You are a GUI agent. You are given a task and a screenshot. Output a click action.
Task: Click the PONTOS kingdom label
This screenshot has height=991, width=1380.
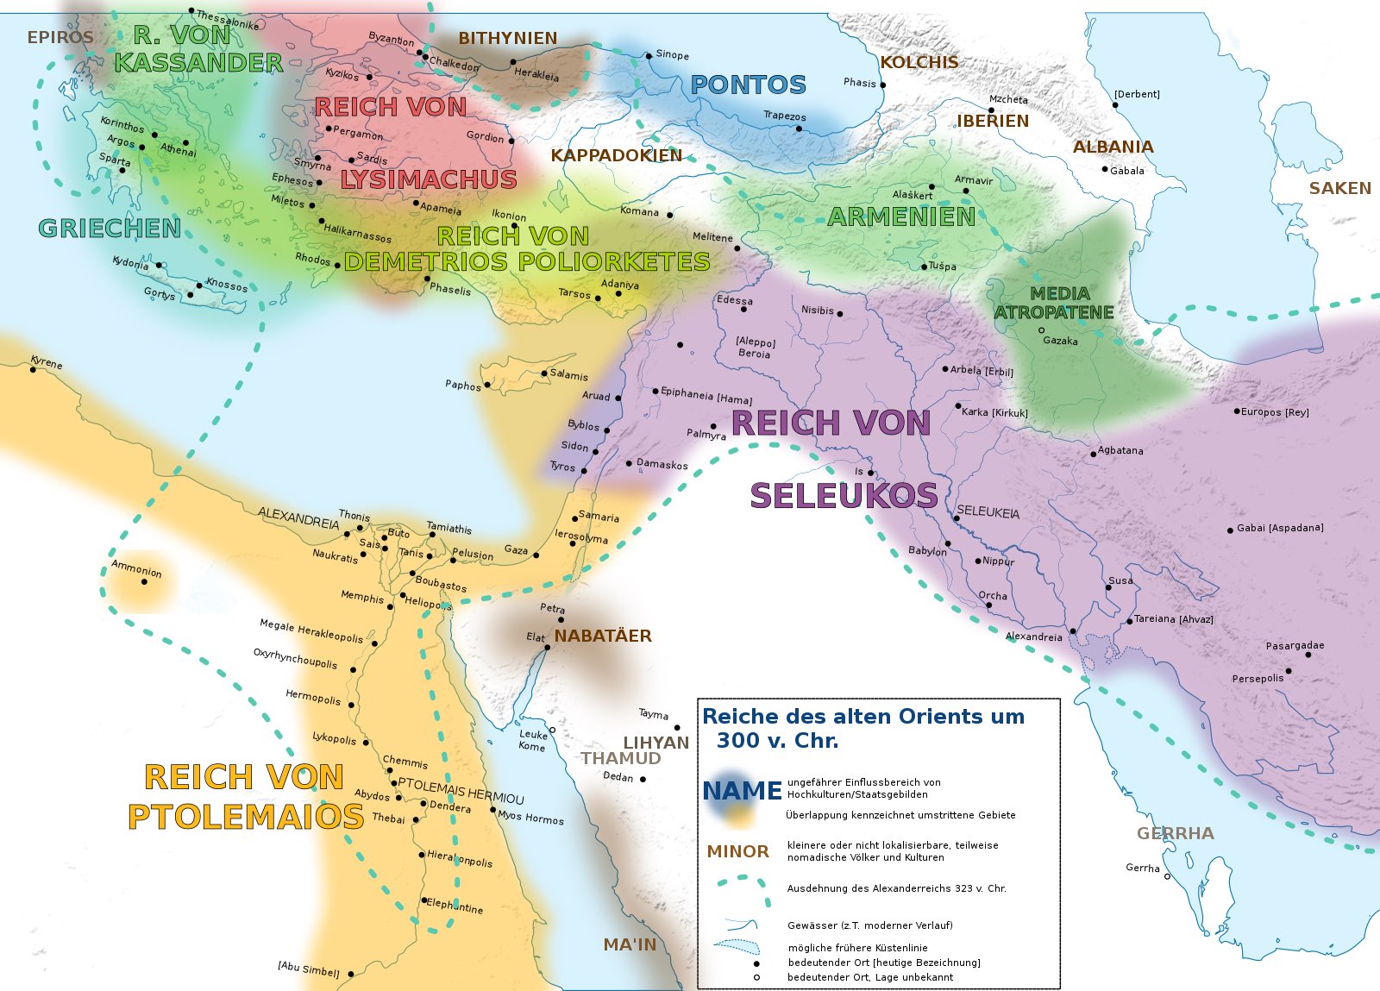click(x=748, y=85)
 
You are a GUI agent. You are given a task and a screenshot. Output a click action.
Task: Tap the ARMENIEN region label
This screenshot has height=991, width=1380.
click(x=900, y=216)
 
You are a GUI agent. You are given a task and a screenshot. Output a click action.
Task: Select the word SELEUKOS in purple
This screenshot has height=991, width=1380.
click(x=843, y=496)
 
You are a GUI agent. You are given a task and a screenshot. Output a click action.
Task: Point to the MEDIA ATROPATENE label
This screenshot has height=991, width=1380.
click(x=1054, y=303)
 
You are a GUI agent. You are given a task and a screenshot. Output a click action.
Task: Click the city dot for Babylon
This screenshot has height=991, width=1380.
click(x=947, y=543)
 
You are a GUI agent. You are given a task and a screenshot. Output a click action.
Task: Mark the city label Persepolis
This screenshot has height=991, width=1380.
click(x=1258, y=678)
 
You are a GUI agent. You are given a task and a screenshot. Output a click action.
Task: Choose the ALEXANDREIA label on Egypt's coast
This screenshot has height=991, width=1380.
click(x=298, y=518)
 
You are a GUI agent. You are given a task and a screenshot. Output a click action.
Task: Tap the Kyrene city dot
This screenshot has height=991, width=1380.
click(x=34, y=370)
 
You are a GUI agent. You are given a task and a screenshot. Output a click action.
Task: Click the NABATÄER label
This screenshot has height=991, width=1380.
click(x=602, y=636)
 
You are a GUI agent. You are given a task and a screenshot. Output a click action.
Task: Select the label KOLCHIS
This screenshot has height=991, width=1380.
click(x=919, y=62)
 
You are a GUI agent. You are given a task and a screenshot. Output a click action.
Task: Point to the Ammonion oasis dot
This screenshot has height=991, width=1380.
click(x=144, y=581)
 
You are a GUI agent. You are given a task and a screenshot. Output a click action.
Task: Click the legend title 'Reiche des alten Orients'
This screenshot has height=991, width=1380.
click(x=862, y=717)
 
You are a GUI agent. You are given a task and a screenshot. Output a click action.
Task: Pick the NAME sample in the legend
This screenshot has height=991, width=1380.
click(x=741, y=791)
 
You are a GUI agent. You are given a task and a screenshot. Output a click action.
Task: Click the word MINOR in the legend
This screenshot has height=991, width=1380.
click(x=737, y=851)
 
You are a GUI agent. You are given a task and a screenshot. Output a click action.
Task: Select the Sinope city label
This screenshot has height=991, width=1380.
click(x=672, y=54)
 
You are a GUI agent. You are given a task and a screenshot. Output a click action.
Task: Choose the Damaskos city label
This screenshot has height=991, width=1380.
click(x=662, y=464)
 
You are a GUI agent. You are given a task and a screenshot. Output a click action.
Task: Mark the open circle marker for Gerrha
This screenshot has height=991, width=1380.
click(x=1167, y=876)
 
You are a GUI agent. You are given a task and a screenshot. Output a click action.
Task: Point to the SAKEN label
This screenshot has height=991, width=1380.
click(x=1339, y=188)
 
